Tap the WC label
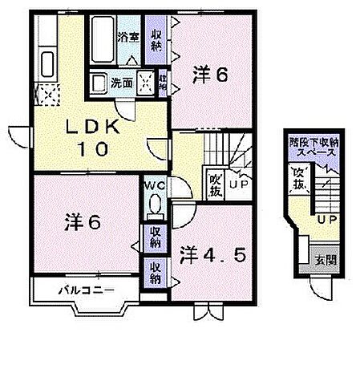point(155,185)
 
